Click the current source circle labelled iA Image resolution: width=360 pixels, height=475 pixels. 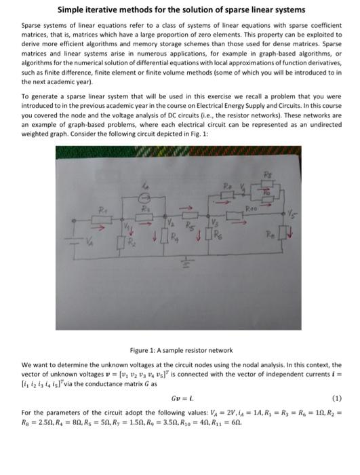point(143,200)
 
